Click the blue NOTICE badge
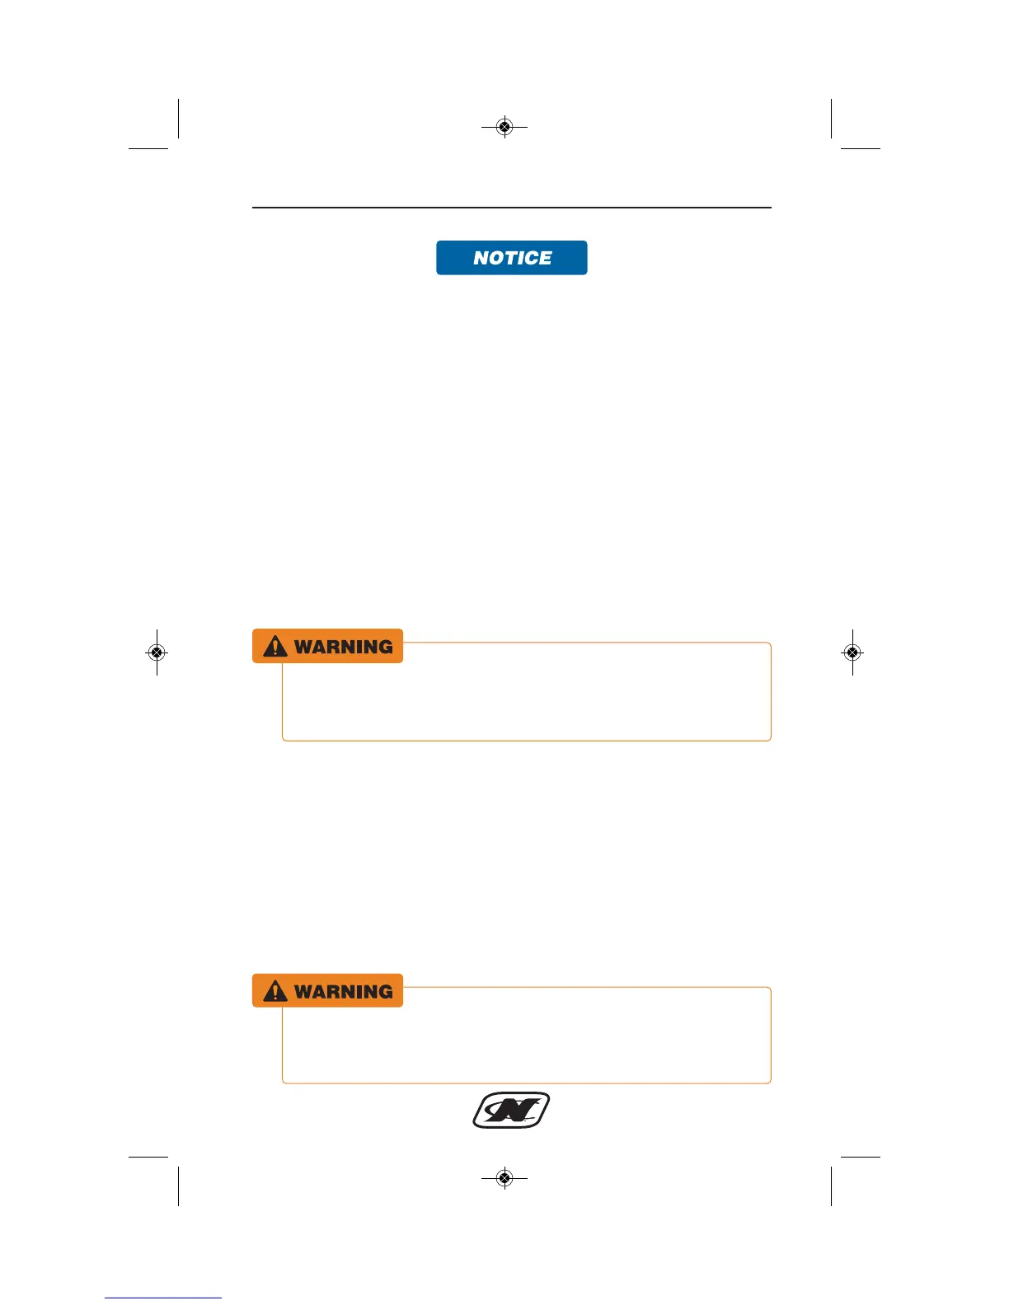511,258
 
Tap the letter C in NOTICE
529,258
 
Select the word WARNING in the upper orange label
344,647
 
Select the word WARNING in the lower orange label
344,991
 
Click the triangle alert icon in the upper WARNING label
275,647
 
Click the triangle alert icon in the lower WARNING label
275,991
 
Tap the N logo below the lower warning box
511,1111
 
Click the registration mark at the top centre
504,127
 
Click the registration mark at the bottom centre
504,1178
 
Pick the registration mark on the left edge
157,652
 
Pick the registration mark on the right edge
852,652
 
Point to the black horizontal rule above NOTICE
511,208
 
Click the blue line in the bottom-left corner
162,1298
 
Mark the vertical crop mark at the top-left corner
178,119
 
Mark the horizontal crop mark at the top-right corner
861,148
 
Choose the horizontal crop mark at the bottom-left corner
148,1157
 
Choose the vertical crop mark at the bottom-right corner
832,1186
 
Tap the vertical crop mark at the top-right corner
832,119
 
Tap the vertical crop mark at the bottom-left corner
178,1186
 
